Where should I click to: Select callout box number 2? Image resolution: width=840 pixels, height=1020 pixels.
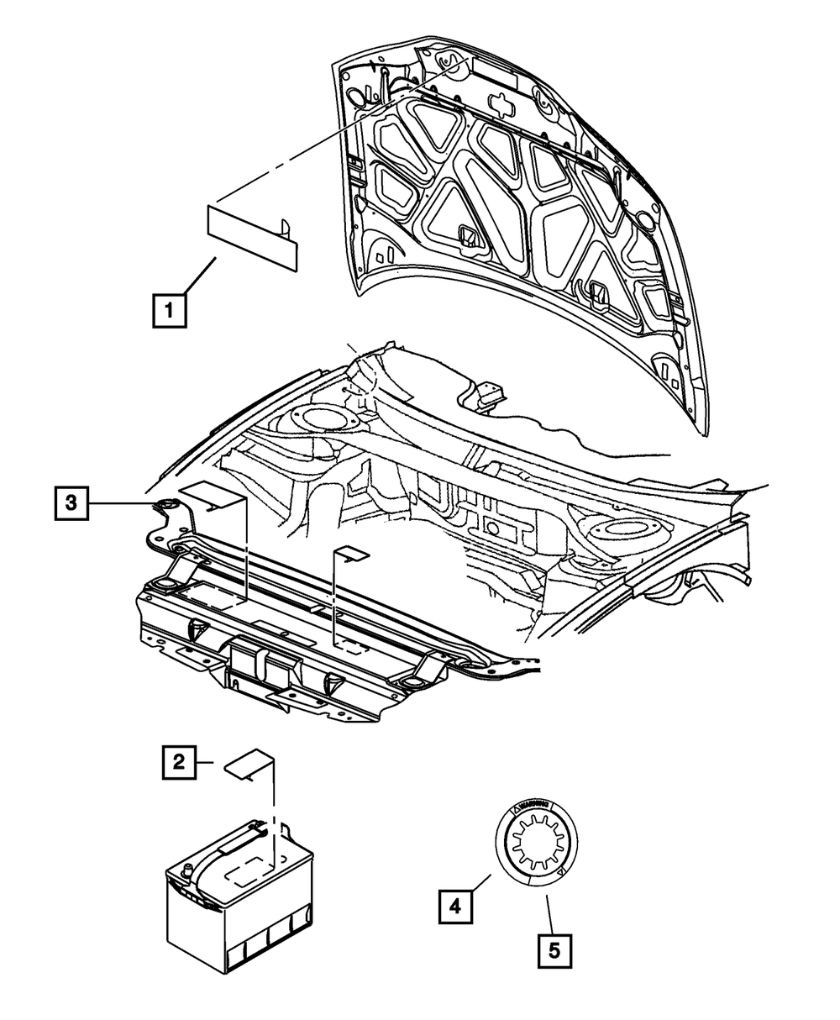point(178,763)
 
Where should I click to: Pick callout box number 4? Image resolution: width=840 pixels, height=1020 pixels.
point(454,907)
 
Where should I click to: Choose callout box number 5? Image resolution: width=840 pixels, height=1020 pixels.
point(554,951)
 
